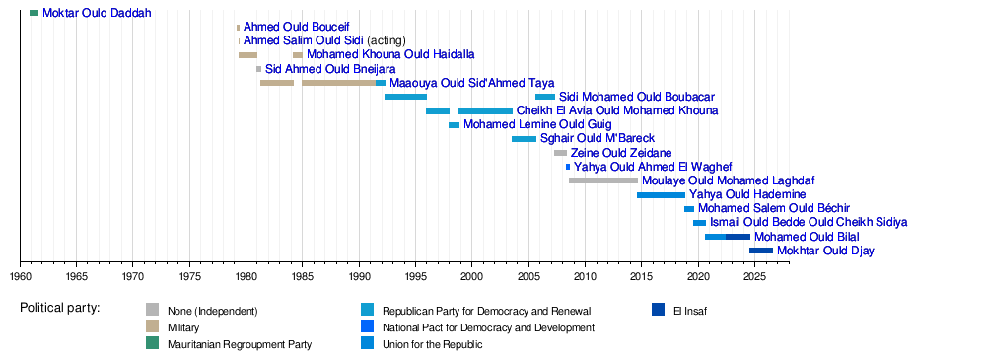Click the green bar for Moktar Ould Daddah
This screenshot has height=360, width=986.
pyautogui.click(x=34, y=13)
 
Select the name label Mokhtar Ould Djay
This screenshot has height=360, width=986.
pyautogui.click(x=825, y=252)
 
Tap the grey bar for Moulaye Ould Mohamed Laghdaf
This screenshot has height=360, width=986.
pyautogui.click(x=603, y=180)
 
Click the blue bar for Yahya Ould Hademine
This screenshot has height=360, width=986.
pyautogui.click(x=661, y=195)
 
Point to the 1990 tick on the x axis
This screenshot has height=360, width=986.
pyautogui.click(x=359, y=260)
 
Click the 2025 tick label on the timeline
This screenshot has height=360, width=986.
pyautogui.click(x=754, y=275)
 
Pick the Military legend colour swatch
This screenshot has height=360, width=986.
pyautogui.click(x=152, y=326)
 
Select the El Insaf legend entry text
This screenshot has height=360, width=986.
pyautogui.click(x=690, y=311)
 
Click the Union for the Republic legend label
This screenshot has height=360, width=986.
pyautogui.click(x=432, y=344)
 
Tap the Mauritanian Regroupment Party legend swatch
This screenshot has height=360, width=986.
pyautogui.click(x=152, y=343)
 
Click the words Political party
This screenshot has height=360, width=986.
pyautogui.click(x=60, y=309)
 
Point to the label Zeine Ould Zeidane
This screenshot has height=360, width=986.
pyautogui.click(x=620, y=153)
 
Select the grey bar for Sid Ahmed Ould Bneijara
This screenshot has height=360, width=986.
pyautogui.click(x=258, y=69)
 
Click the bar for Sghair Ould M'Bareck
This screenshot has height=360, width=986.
pyautogui.click(x=524, y=139)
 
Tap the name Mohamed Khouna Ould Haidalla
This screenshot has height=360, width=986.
pyautogui.click(x=390, y=55)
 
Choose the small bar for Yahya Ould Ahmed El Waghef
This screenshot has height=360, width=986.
pyautogui.click(x=568, y=167)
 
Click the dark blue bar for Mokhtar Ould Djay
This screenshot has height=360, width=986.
pyautogui.click(x=761, y=251)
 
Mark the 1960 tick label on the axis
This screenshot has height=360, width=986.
pyautogui.click(x=20, y=275)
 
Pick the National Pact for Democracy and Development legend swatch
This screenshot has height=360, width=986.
pyautogui.click(x=367, y=326)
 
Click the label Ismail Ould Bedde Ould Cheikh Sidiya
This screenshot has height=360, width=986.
pyautogui.click(x=809, y=223)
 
